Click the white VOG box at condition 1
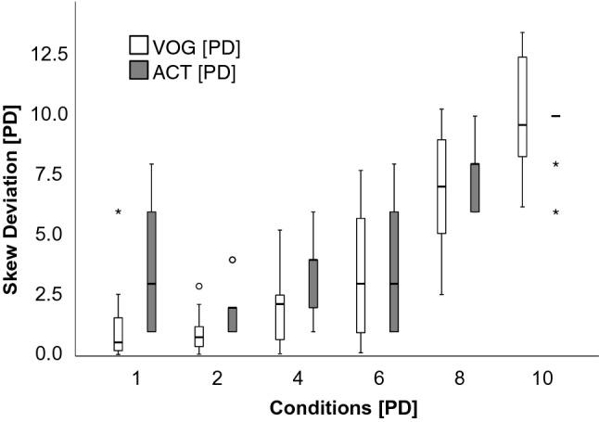coord(118,334)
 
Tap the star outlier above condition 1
coord(118,212)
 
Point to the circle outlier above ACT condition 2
coord(233,260)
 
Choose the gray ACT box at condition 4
coord(313,284)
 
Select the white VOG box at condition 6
coord(361,275)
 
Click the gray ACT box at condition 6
coord(394,271)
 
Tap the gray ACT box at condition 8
coord(475,187)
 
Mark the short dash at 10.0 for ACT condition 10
coord(555,116)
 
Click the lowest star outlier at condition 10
coord(555,212)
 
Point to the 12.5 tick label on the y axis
coord(50,55)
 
